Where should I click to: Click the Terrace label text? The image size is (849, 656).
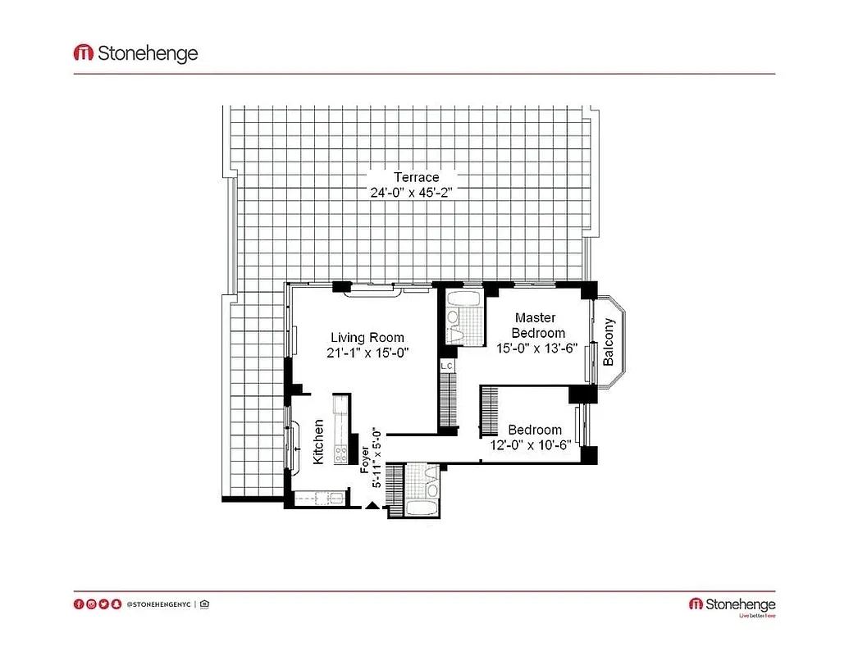click(x=416, y=177)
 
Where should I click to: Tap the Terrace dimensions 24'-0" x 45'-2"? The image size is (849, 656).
click(x=411, y=193)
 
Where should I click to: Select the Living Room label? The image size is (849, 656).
click(x=367, y=337)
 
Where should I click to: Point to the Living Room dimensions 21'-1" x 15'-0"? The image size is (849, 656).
click(x=367, y=352)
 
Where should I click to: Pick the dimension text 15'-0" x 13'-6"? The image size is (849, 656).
click(x=538, y=348)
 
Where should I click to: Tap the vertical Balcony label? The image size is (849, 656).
click(x=609, y=341)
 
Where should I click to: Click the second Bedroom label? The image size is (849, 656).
click(x=535, y=430)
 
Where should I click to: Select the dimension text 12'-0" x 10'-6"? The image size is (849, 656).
click(x=534, y=445)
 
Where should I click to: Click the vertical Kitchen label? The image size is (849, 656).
click(x=318, y=442)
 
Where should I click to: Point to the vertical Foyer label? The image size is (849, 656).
click(x=365, y=458)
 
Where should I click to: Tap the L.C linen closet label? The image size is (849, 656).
click(x=447, y=366)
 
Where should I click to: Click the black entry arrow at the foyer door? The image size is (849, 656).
click(x=372, y=506)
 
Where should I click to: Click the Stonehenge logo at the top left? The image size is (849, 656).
click(x=136, y=54)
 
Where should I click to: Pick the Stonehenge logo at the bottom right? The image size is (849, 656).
click(x=732, y=605)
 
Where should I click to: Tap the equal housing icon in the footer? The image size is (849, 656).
click(x=204, y=604)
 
